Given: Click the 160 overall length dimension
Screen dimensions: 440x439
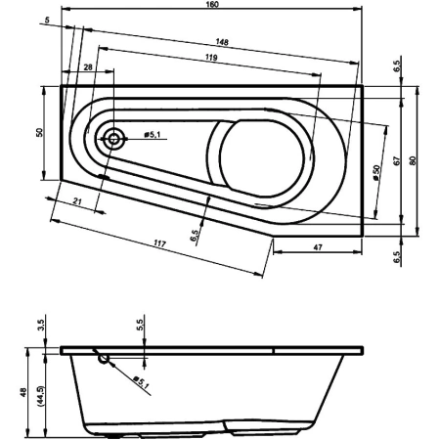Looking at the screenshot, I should [212, 6].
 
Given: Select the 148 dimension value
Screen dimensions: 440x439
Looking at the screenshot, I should [224, 42].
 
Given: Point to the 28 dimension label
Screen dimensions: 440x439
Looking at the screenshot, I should [87, 66].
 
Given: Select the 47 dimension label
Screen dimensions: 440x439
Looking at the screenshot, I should [319, 248].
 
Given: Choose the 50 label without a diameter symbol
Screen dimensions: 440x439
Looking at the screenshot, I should [40, 132].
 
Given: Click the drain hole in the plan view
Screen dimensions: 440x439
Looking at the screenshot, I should [114, 138].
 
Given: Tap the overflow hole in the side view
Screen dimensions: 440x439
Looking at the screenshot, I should [104, 359].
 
